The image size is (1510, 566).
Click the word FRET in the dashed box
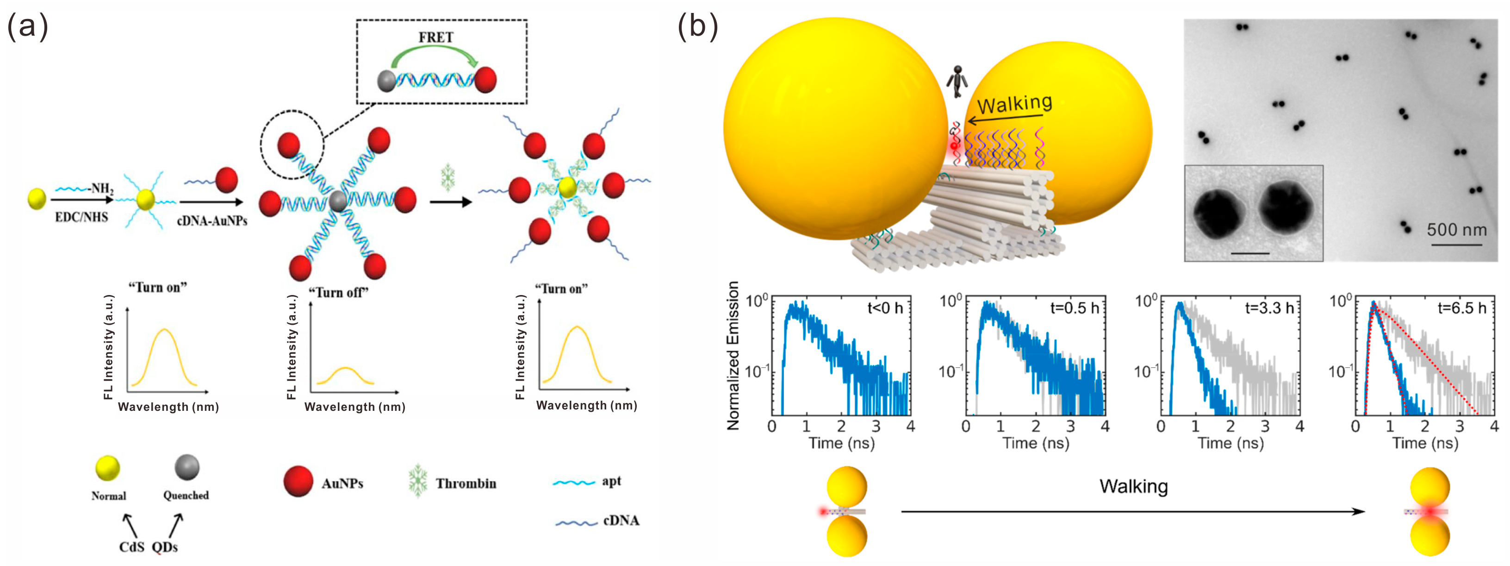[x=435, y=37]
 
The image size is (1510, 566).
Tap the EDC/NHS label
[x=81, y=217]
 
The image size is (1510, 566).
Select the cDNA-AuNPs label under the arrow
[x=212, y=220]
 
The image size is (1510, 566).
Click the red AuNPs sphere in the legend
[x=298, y=482]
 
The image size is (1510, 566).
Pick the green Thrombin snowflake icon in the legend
[x=417, y=481]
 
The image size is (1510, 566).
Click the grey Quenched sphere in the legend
[x=187, y=467]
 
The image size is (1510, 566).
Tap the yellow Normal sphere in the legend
[x=108, y=469]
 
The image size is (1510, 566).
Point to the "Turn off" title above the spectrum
[x=338, y=292]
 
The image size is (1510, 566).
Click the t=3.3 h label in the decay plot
[x=1269, y=308]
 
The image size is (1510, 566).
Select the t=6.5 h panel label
[x=1462, y=308]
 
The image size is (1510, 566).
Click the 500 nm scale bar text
[x=1457, y=229]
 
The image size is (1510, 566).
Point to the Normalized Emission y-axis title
[x=733, y=356]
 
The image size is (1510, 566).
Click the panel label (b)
[x=697, y=26]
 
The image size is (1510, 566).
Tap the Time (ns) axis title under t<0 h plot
[x=841, y=443]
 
